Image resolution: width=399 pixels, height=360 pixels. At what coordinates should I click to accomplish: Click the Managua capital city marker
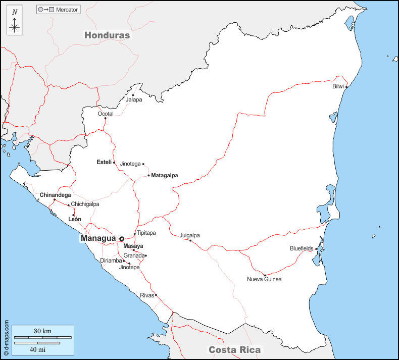122,238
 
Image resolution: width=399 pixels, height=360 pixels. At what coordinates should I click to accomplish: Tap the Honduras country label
107,35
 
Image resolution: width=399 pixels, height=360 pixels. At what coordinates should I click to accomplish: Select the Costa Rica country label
235,349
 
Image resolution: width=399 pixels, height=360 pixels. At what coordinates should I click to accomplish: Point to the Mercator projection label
67,10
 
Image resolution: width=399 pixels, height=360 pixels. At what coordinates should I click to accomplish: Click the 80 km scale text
43,331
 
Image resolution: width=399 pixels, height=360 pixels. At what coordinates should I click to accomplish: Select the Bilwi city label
338,86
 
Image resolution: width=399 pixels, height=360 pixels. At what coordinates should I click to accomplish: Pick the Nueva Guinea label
264,279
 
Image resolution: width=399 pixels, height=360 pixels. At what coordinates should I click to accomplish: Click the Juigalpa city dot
190,240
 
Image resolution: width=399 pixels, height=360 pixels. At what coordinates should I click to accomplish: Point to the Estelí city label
104,162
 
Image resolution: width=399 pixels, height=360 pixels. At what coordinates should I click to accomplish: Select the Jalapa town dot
133,95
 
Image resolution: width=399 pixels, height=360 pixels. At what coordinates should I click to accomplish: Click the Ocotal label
106,114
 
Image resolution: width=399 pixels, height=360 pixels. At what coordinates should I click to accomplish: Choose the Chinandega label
55,194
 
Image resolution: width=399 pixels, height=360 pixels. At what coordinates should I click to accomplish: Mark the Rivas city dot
156,295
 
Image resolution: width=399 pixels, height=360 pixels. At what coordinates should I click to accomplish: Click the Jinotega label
130,164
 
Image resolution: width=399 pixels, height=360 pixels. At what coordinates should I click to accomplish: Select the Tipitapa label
146,233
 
